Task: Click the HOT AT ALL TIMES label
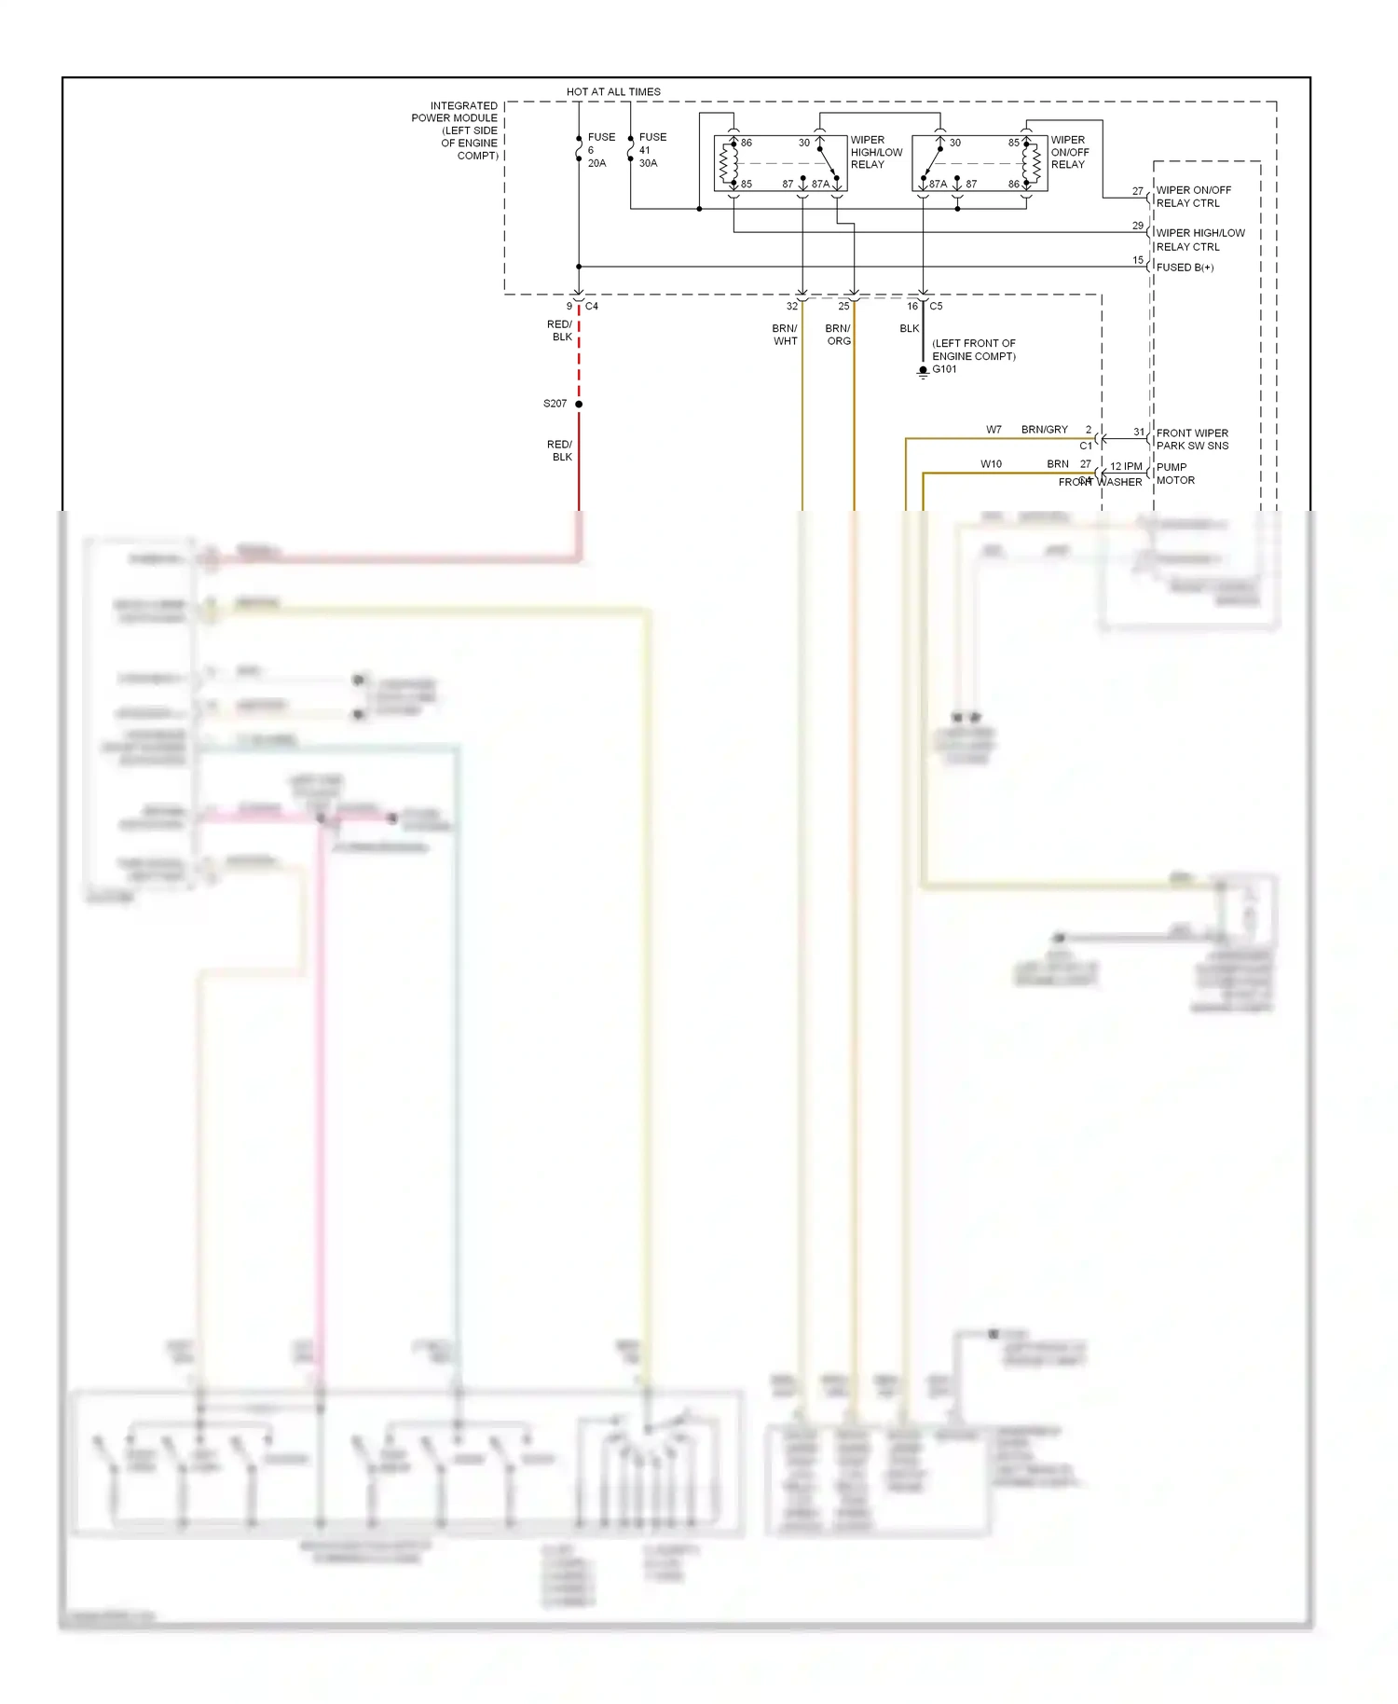click(613, 91)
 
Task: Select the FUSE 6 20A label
click(599, 150)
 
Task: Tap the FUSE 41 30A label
click(651, 150)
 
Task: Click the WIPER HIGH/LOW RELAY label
click(875, 152)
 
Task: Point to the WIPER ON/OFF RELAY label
click(1069, 152)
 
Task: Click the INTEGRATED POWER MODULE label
click(456, 130)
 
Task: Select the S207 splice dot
click(579, 404)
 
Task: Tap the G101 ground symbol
click(923, 371)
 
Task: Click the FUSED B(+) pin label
click(1185, 268)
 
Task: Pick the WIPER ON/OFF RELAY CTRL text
click(1193, 197)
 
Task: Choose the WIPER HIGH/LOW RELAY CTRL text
click(1199, 240)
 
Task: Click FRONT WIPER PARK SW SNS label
click(1192, 439)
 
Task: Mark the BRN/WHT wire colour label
click(785, 335)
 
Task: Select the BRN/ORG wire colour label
click(838, 335)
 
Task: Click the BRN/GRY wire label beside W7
click(1044, 430)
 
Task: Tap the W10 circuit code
click(991, 463)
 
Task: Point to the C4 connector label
click(592, 306)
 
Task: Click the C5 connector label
click(936, 306)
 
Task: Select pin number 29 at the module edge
click(1137, 226)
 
